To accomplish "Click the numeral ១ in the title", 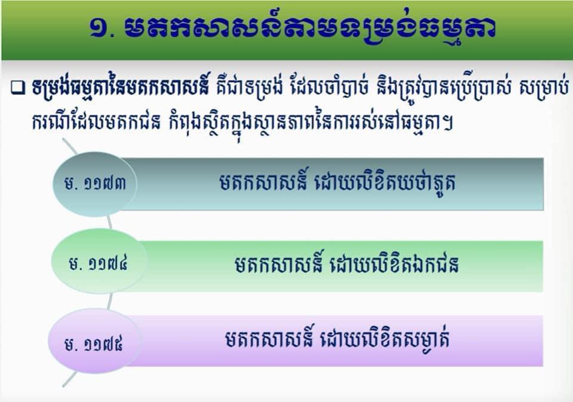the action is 98,29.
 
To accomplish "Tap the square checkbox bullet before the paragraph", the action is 17,88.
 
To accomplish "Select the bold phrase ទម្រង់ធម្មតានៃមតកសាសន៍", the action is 121,88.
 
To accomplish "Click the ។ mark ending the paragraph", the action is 448,122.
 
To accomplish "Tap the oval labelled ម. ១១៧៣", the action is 95,184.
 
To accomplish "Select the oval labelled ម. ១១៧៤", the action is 98,261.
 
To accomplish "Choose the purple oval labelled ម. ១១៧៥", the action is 94,341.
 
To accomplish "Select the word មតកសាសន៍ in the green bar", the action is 279,263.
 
